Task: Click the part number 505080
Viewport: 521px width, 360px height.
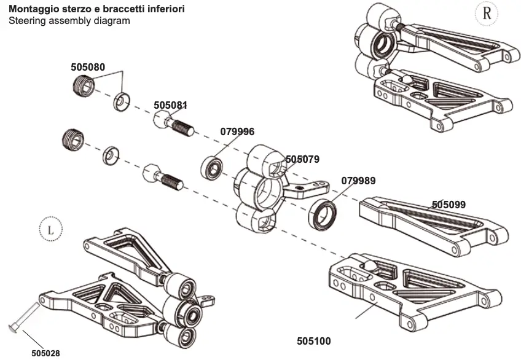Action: point(87,67)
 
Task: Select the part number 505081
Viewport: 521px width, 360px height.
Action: point(170,106)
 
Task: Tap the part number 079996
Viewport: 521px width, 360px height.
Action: point(237,131)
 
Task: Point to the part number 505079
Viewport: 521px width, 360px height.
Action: point(302,159)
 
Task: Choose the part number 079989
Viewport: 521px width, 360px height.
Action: point(358,181)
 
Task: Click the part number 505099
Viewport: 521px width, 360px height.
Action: point(449,205)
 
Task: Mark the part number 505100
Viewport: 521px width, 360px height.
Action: point(313,340)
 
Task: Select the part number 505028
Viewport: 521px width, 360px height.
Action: point(45,353)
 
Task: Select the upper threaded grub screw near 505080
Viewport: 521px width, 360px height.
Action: point(84,85)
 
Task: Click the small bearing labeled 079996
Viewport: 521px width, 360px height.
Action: point(211,166)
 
